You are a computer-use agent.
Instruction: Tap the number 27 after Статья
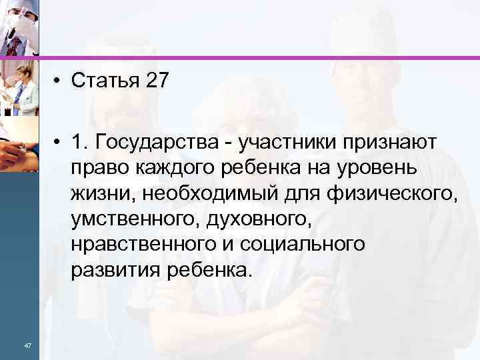point(155,82)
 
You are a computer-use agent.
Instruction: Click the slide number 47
point(27,345)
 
